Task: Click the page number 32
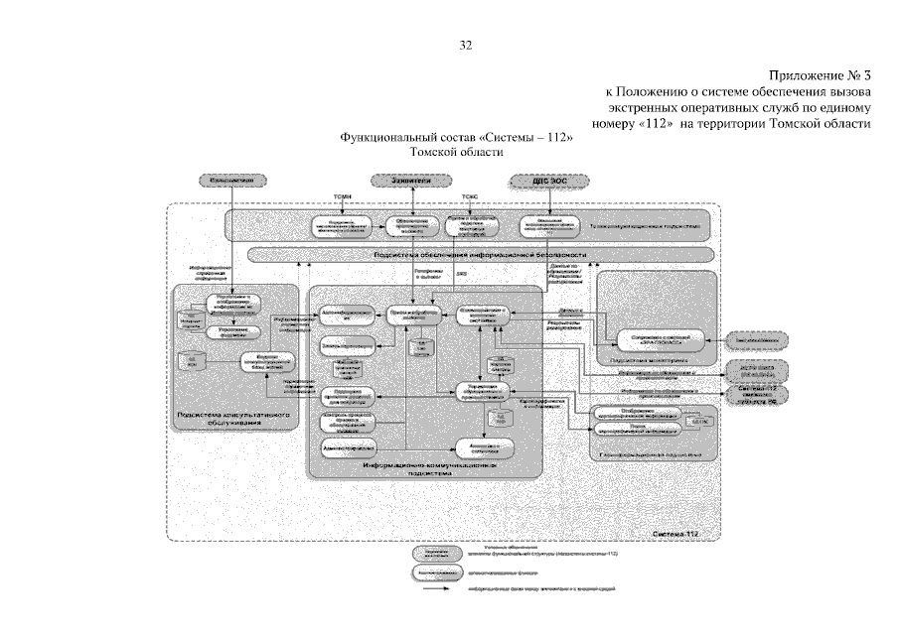click(466, 45)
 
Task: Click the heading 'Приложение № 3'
click(820, 75)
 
